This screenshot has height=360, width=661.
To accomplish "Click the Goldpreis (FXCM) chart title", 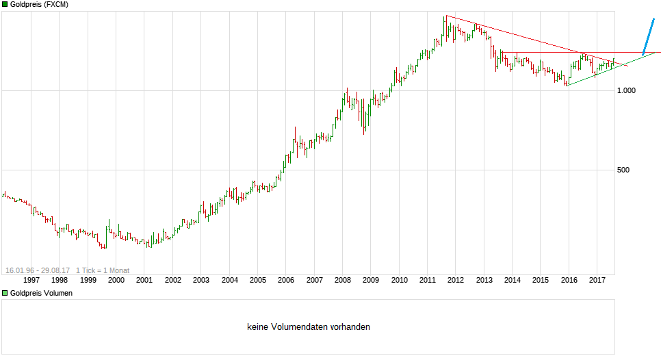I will tap(39, 4).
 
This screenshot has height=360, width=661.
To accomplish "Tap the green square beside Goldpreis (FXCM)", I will tap(5, 4).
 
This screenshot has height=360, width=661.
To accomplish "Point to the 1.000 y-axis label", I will tap(627, 91).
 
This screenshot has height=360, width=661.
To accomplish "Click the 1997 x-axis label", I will tap(31, 280).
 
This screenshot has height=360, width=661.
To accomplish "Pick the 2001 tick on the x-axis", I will tap(144, 280).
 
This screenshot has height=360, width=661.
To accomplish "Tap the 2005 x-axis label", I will tap(257, 280).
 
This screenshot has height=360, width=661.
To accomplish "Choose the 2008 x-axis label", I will tap(342, 280).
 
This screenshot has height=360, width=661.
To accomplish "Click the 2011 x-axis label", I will tap(427, 280).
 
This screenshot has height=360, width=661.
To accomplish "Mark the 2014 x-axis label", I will tap(512, 280).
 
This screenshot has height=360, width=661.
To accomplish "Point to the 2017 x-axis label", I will tap(597, 280).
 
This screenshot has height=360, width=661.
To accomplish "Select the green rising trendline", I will tap(602, 72).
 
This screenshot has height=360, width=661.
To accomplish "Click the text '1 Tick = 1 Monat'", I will tap(103, 270).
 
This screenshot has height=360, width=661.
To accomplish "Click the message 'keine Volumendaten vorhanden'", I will tap(308, 327).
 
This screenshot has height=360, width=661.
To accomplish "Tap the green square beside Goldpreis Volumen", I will tap(5, 293).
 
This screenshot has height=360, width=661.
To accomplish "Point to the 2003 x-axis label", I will tap(200, 280).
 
